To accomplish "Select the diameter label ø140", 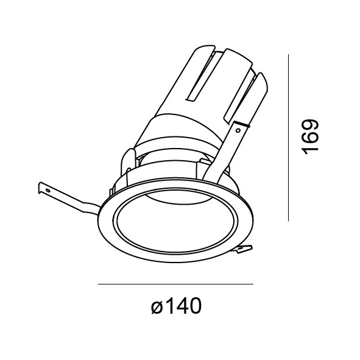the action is click(x=176, y=306).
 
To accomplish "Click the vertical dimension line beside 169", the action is click(x=288, y=138).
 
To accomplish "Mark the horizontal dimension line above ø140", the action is click(x=175, y=284).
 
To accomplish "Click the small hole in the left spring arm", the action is click(x=48, y=190).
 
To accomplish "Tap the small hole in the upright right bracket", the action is click(x=238, y=130).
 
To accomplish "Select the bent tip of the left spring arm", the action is click(x=40, y=188).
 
